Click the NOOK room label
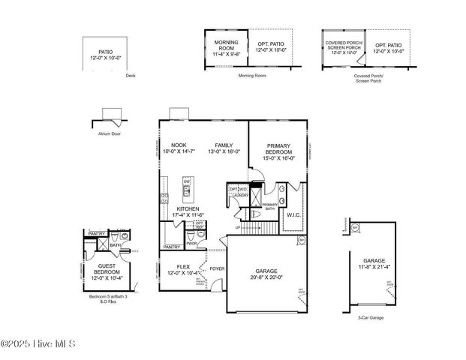(178, 145)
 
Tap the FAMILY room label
(224, 145)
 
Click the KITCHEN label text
(188, 208)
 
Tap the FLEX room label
(184, 266)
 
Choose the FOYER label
(217, 267)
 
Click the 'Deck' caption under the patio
(131, 76)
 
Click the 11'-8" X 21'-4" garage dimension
(374, 266)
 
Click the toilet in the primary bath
(254, 214)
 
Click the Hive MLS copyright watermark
(39, 344)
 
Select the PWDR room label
(191, 243)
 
